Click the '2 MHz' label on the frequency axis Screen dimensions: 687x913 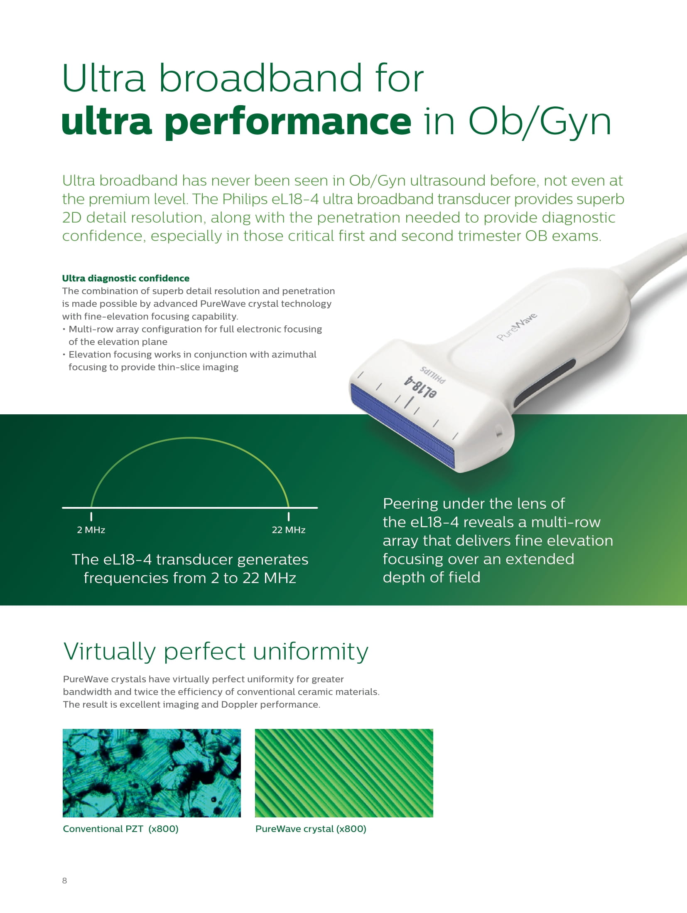pos(91,530)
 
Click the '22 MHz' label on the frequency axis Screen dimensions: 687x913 pos(289,530)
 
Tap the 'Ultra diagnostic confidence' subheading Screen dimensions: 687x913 pos(126,278)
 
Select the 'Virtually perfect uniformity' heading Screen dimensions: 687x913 pos(216,652)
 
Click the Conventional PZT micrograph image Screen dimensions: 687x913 pos(152,773)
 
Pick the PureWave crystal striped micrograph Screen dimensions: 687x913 pos(344,773)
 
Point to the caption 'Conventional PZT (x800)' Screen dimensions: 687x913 pos(120,829)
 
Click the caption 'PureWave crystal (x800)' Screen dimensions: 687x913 pos(311,829)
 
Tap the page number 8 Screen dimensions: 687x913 pos(64,880)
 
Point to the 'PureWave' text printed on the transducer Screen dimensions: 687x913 pos(517,327)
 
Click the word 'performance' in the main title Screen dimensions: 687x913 pos(287,122)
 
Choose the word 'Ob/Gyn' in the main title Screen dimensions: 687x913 pos(540,122)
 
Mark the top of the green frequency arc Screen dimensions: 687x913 pos(190,438)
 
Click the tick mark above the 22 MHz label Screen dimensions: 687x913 pos(289,517)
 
